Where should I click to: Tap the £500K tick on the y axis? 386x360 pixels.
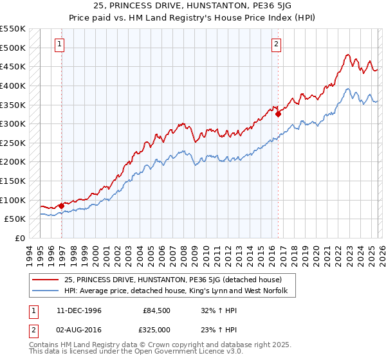(13, 48)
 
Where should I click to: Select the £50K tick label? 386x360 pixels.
(15, 219)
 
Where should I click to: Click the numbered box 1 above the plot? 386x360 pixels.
(59, 44)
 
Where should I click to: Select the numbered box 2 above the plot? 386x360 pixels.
(276, 44)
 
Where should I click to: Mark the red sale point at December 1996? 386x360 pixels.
(62, 206)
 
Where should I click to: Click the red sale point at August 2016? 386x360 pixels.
(279, 114)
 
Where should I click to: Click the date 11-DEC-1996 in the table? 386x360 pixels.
(79, 310)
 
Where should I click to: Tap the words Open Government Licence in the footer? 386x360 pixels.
(180, 354)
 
